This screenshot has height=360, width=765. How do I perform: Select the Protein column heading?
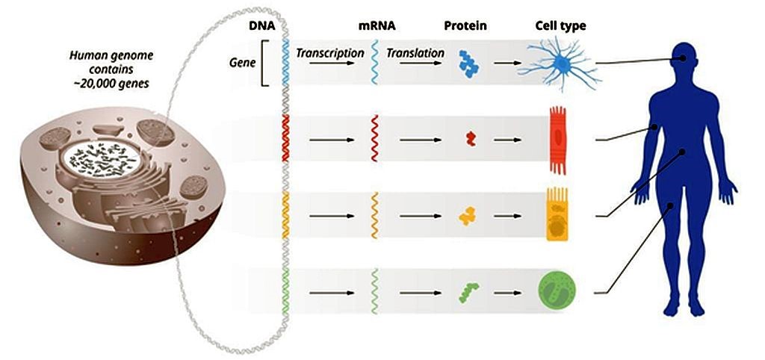465,26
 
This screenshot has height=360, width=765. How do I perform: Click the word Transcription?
330,53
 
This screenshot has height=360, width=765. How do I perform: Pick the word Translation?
415,53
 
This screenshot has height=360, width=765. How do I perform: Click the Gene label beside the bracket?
244,63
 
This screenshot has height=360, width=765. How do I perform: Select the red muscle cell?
558,140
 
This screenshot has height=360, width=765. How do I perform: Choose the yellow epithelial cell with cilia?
557,214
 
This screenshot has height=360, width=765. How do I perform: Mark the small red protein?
471,139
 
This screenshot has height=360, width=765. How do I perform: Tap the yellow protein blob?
468,216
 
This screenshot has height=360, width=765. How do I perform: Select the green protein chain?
468,292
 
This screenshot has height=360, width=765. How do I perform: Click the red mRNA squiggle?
375,138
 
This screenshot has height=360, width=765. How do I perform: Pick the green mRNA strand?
374,291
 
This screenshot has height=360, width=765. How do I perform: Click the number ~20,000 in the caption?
90,84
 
